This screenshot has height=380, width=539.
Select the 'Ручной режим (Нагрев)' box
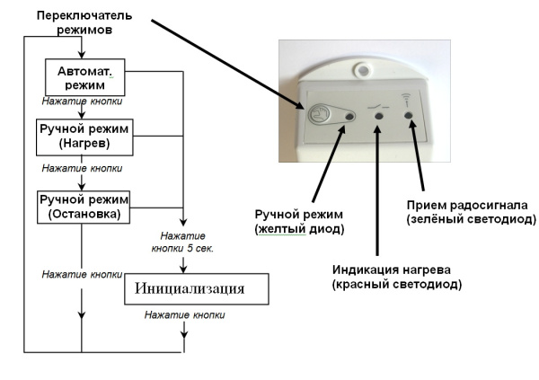click(x=85, y=137)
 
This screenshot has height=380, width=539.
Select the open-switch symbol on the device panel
click(x=377, y=105)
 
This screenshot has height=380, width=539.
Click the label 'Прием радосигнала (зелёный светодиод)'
click(x=471, y=213)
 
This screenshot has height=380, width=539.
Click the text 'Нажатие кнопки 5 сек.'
click(x=183, y=242)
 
